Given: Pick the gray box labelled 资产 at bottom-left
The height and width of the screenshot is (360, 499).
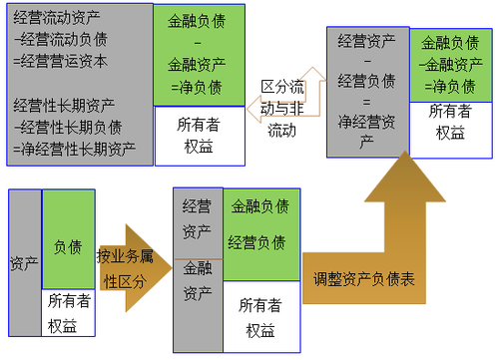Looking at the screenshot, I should coord(23,263).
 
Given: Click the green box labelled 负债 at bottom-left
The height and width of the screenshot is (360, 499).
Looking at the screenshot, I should coord(68,245).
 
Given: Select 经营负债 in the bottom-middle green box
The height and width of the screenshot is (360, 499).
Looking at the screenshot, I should coord(259,242).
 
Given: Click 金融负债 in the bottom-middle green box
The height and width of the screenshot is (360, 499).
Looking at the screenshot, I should coord(259,206).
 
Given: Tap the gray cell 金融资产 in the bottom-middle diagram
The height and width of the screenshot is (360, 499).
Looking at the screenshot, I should coord(197,283).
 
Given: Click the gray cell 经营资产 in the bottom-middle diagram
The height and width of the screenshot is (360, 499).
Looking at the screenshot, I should coord(197,218).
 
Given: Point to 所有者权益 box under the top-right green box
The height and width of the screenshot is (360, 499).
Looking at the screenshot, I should coord(450,121).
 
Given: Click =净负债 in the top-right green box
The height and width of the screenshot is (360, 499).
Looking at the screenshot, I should coord(449,85).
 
